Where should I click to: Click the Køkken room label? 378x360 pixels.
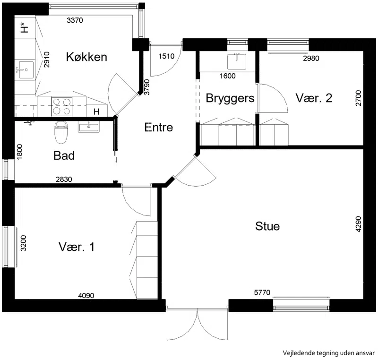[x=86, y=57]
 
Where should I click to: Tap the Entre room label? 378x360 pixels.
[x=159, y=127]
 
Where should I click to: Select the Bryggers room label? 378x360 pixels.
[x=230, y=99]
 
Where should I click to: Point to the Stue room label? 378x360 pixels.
[x=267, y=226]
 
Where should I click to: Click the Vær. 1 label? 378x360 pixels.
[x=77, y=247]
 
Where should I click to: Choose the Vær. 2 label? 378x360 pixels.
[x=314, y=98]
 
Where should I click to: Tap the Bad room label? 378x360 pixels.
[x=64, y=155]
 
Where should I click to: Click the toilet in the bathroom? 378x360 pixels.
[x=60, y=132]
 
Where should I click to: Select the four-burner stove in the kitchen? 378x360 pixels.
[x=62, y=106]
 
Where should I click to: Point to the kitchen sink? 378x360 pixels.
[x=26, y=69]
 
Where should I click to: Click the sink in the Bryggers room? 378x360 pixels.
[x=237, y=61]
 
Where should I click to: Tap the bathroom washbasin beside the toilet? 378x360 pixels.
[x=88, y=127]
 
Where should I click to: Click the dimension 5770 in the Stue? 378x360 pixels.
[x=262, y=292]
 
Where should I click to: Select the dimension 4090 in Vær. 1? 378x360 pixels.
[x=86, y=295]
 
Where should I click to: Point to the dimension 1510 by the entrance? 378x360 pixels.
[x=166, y=56]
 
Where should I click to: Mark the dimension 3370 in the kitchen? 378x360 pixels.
[x=75, y=20]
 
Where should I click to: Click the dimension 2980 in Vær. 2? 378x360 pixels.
[x=311, y=58]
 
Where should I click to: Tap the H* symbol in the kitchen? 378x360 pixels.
[x=24, y=27]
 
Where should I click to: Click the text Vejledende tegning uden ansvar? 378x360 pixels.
[x=328, y=353]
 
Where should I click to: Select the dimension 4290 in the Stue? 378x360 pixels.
[x=359, y=224]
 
